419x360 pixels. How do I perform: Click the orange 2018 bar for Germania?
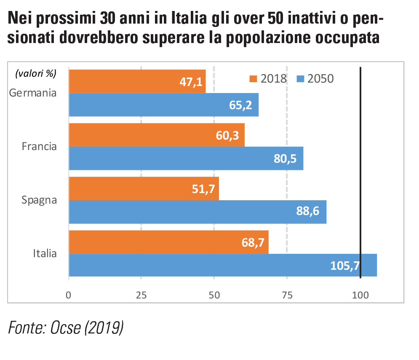coord(137,81)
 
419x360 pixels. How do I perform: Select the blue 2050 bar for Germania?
coord(163,105)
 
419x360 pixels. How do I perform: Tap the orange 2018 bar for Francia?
coord(156,135)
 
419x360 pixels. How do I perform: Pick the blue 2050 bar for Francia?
coord(186,158)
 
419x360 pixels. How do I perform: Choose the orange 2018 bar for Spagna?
coord(144,188)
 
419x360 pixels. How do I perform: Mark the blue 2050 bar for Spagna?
coord(197,212)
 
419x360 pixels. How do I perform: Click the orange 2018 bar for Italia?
coord(168,242)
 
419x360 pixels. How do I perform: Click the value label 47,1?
coord(192,82)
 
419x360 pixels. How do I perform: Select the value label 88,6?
coord(312,212)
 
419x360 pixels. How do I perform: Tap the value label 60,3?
coord(230,135)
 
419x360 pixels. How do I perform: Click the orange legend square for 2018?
coord(253,78)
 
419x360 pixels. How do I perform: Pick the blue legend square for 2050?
coord(300,78)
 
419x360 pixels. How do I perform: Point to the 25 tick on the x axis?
coord(141,295)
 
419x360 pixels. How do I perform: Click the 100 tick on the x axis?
coord(360,295)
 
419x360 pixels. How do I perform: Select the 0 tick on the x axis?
coord(69,295)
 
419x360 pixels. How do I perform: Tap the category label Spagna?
coord(39,200)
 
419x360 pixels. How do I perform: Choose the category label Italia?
coord(45,253)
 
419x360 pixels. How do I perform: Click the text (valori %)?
coord(35,73)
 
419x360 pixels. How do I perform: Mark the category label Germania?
coord(33,93)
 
